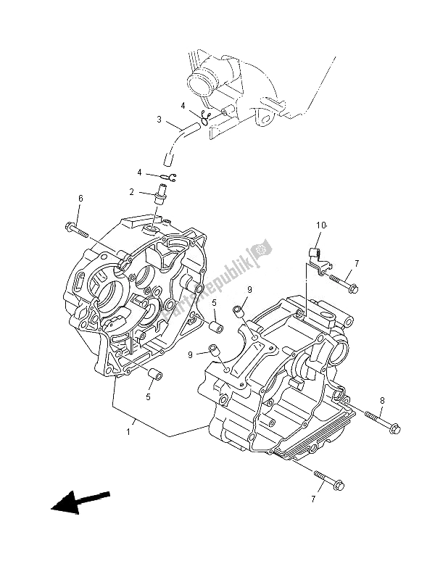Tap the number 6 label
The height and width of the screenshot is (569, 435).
tap(80, 199)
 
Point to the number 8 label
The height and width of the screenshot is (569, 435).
tap(383, 399)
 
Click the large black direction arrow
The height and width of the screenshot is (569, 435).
tap(78, 502)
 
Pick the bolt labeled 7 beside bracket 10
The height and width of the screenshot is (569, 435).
tap(344, 283)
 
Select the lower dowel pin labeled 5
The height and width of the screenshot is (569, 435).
tap(154, 373)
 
